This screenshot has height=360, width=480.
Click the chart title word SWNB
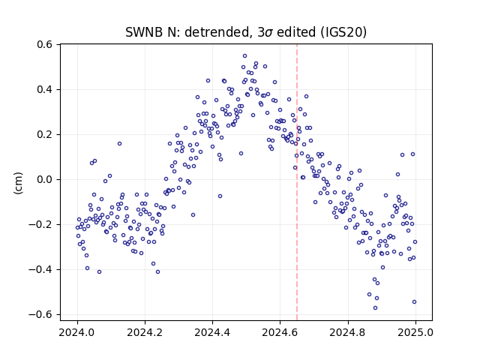click(144, 32)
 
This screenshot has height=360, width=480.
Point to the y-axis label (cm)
click(18, 183)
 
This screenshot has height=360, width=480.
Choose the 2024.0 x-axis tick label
click(77, 332)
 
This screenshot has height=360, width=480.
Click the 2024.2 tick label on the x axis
click(145, 332)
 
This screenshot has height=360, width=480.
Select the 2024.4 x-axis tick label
click(212, 332)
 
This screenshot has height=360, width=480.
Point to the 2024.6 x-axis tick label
click(280, 332)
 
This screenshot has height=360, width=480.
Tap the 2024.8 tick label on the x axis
click(348, 332)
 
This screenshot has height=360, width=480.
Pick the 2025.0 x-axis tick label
click(415, 332)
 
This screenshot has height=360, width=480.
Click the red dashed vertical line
click(297, 182)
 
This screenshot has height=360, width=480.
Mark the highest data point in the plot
click(245, 56)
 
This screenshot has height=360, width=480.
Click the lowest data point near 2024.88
click(375, 308)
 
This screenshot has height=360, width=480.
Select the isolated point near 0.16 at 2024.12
click(120, 143)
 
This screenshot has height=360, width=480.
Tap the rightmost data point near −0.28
click(415, 241)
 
